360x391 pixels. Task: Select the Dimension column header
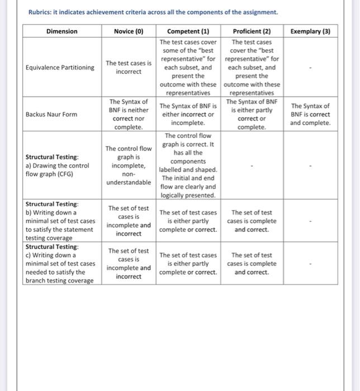[62, 31]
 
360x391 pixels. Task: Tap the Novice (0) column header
[129, 31]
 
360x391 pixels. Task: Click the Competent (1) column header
[188, 31]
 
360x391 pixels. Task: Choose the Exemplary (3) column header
[310, 31]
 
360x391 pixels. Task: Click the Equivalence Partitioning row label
[60, 68]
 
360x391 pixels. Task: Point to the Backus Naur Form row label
[51, 114]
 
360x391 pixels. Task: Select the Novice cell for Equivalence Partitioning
[129, 68]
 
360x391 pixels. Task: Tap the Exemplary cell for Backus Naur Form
[310, 114]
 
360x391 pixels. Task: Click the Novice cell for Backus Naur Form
[129, 114]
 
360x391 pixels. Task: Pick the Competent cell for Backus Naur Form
[188, 114]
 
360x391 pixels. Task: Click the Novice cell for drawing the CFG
[129, 165]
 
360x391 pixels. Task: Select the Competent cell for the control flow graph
[188, 165]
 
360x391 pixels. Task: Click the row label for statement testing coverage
[59, 221]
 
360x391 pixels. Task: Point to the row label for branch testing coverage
[59, 264]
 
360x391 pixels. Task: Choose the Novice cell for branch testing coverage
[129, 264]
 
